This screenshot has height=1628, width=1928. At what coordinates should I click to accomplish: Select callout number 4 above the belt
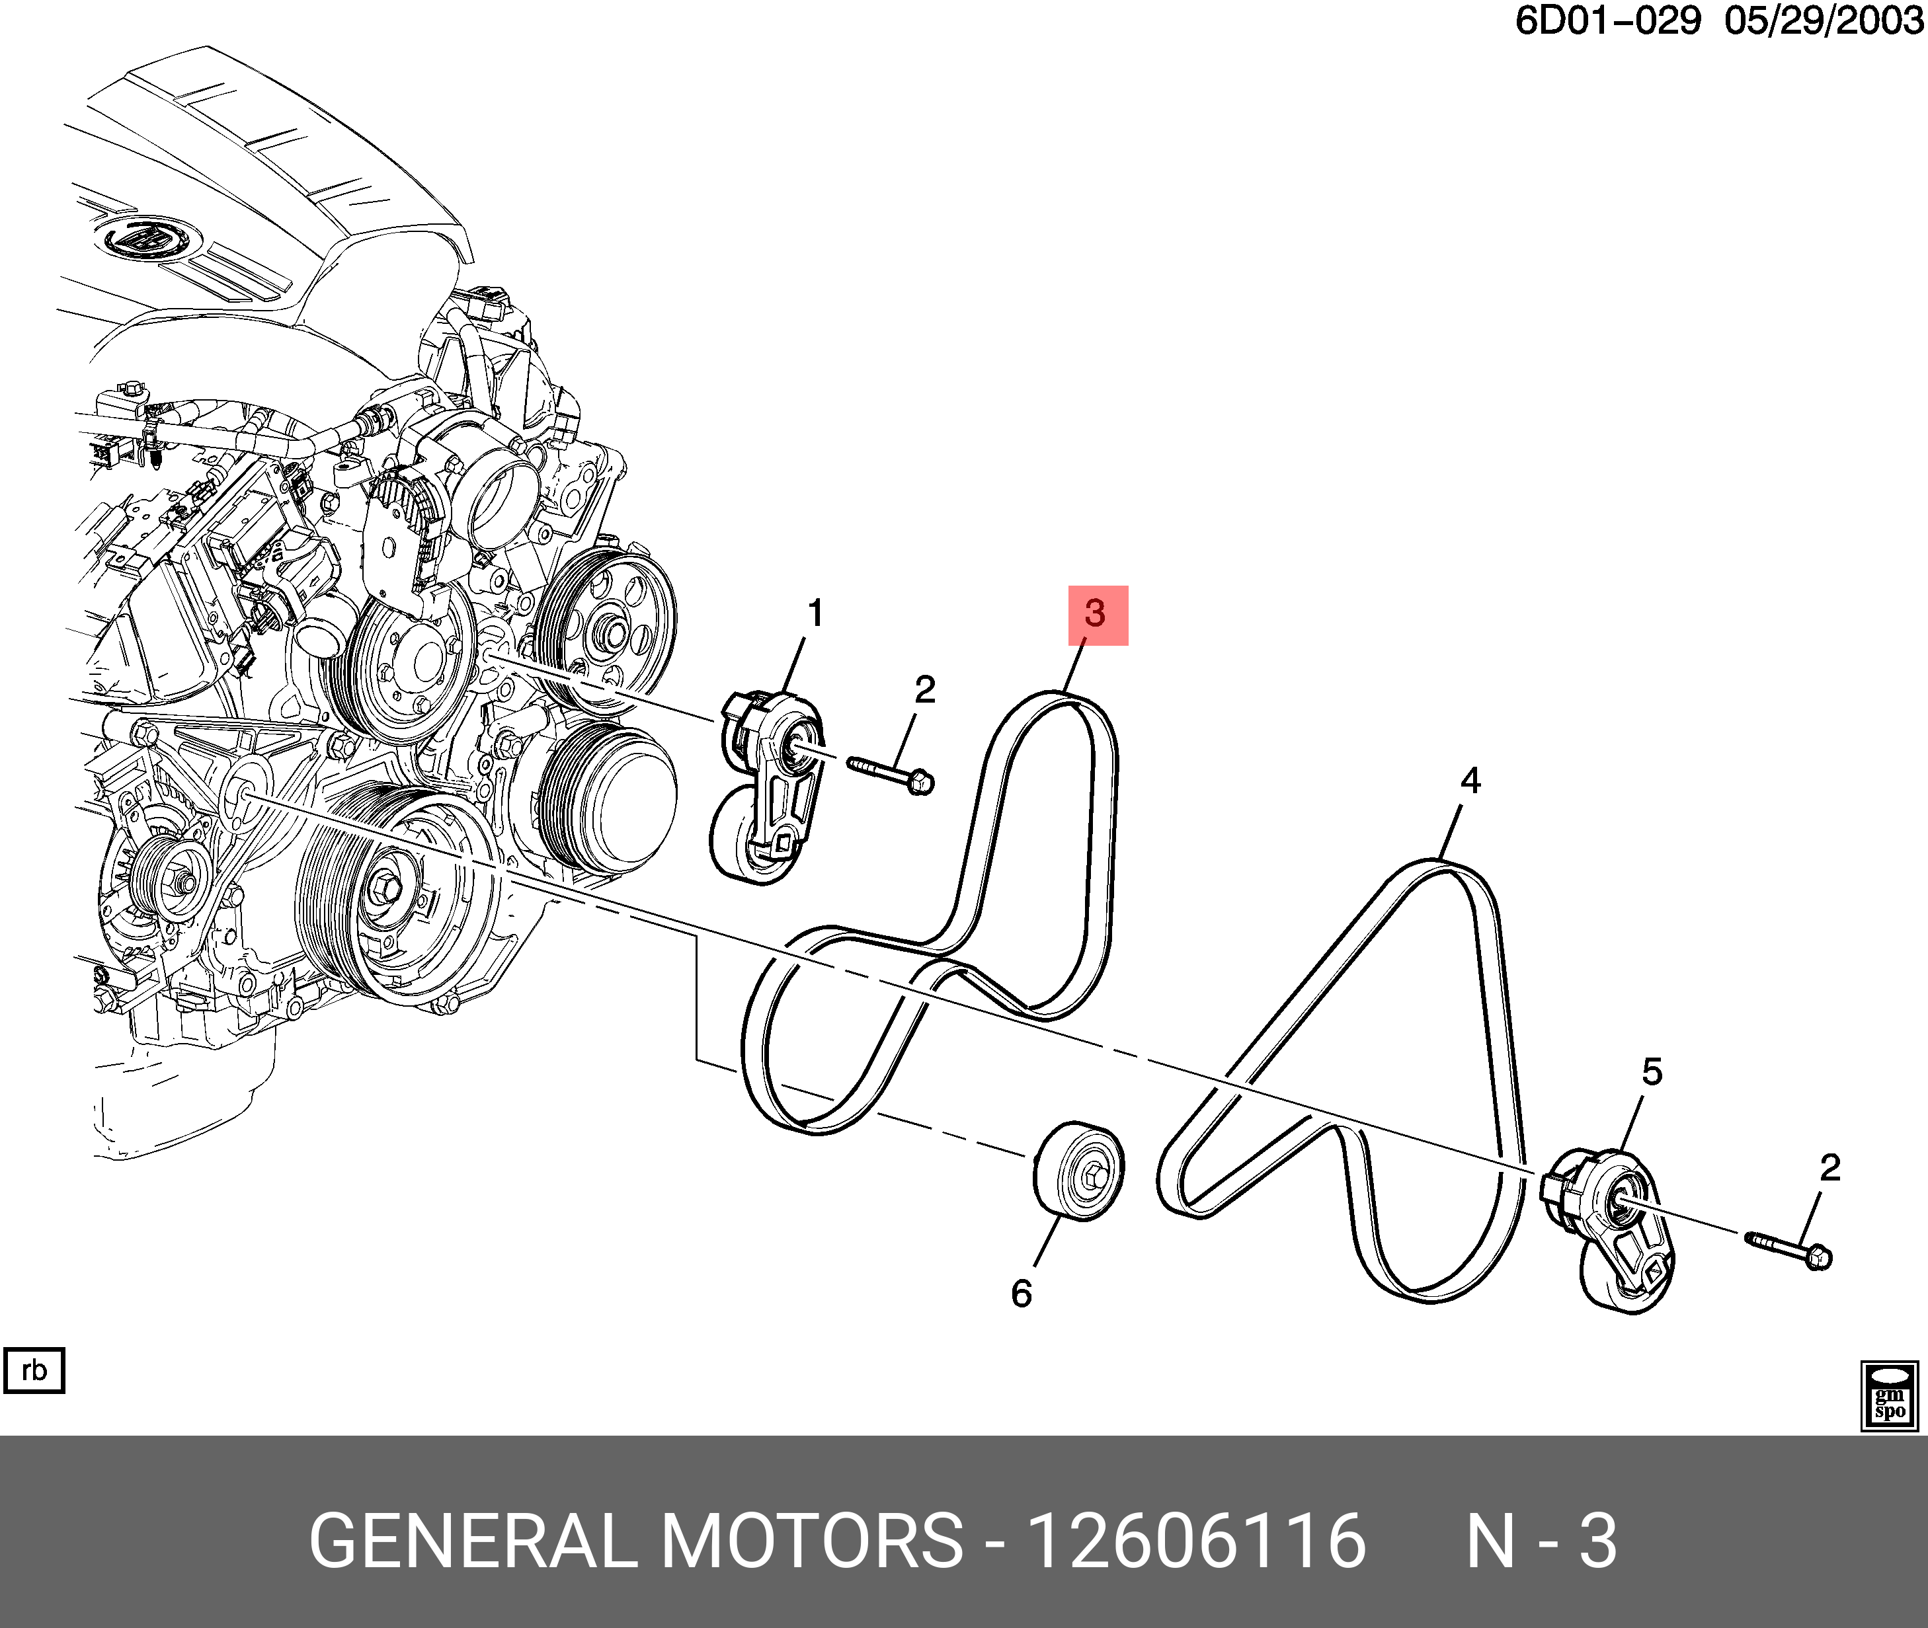coord(1471,781)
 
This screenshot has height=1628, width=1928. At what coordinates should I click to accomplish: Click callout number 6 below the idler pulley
coord(1021,1294)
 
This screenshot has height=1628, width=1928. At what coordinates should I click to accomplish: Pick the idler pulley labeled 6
coord(1078,1173)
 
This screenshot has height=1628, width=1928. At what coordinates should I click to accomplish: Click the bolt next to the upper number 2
coord(891,774)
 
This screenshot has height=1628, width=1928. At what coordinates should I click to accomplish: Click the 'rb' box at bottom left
coord(34,1370)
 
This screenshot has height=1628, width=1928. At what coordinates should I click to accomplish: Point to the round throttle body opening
coord(499,499)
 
